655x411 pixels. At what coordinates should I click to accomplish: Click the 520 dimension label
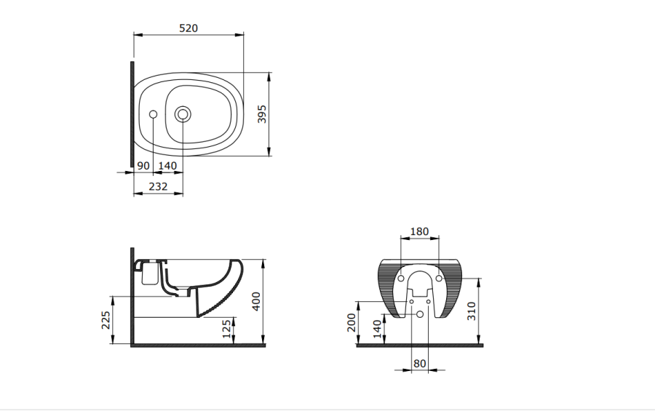pyautogui.click(x=188, y=28)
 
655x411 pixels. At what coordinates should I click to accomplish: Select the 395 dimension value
pyautogui.click(x=262, y=114)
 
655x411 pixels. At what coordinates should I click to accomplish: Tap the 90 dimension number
pyautogui.click(x=143, y=166)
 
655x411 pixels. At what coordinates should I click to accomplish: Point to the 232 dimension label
pyautogui.click(x=159, y=186)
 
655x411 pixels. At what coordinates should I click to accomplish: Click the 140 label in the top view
pyautogui.click(x=167, y=166)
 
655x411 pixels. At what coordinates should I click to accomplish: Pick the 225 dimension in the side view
pyautogui.click(x=106, y=320)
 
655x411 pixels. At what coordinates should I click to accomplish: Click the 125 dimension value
pyautogui.click(x=226, y=329)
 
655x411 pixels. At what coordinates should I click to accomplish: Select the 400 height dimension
pyautogui.click(x=256, y=301)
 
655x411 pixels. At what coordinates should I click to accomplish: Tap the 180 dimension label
pyautogui.click(x=419, y=231)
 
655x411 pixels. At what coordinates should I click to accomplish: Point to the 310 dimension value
pyautogui.click(x=472, y=311)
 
